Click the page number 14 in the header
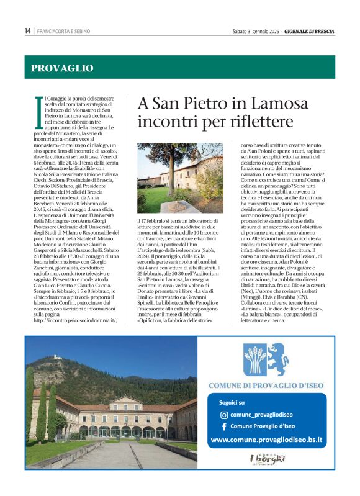coord(27,30)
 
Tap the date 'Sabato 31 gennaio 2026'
coord(255,30)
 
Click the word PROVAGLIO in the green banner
coord(62,68)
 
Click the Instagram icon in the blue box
coord(224,415)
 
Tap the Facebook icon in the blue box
coord(224,427)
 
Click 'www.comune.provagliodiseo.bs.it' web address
coord(266,440)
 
